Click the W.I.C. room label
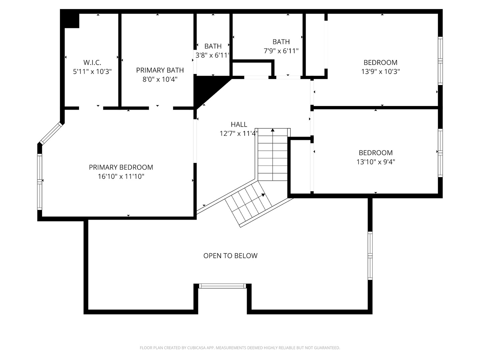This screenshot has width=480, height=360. [x=92, y=63]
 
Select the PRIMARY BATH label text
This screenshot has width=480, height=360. [x=160, y=70]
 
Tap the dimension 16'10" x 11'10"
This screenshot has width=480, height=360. [x=121, y=176]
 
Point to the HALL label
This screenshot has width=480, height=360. [x=239, y=124]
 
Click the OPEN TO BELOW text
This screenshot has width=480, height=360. [x=230, y=256]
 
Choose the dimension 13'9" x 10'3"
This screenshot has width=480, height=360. [x=381, y=71]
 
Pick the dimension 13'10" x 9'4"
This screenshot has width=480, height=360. [x=376, y=162]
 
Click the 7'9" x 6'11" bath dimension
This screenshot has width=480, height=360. [x=281, y=51]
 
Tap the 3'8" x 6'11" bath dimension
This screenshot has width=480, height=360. [x=212, y=55]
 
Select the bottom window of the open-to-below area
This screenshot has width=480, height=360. [x=223, y=286]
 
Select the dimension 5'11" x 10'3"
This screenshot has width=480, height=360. [x=92, y=71]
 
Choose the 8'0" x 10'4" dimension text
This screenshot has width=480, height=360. [x=160, y=79]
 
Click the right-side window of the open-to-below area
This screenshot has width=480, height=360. [x=370, y=256]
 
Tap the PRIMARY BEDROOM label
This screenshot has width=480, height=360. [x=121, y=167]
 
